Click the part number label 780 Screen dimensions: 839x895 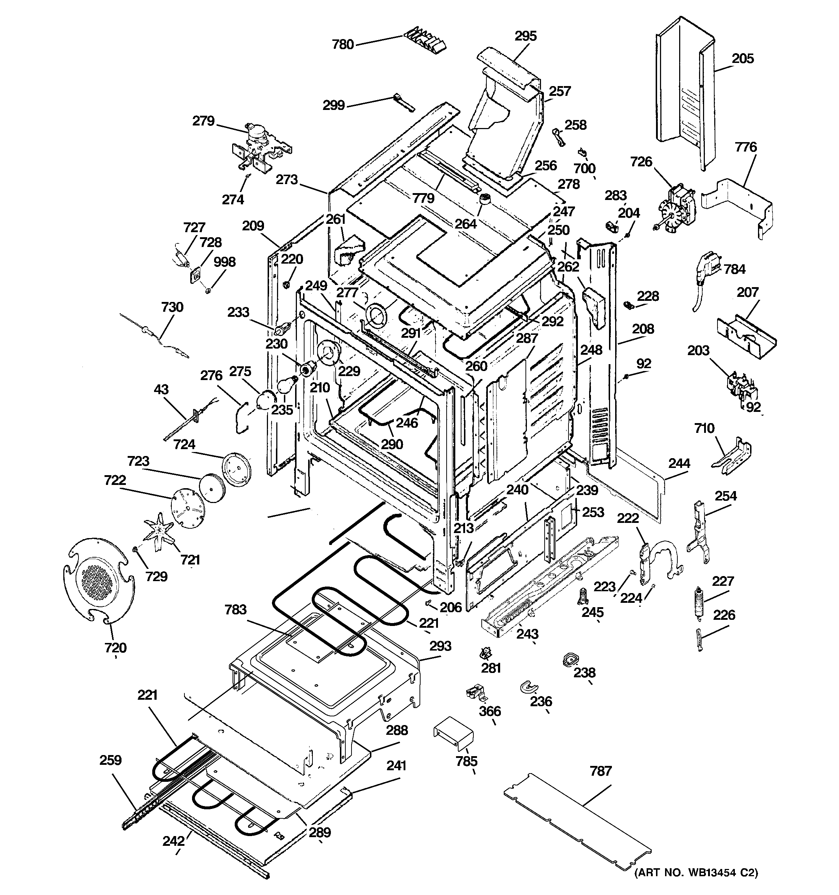coord(343,44)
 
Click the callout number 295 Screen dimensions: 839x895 coord(525,36)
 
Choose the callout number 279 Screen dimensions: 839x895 coord(204,121)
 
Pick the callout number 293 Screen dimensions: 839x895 coord(440,646)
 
